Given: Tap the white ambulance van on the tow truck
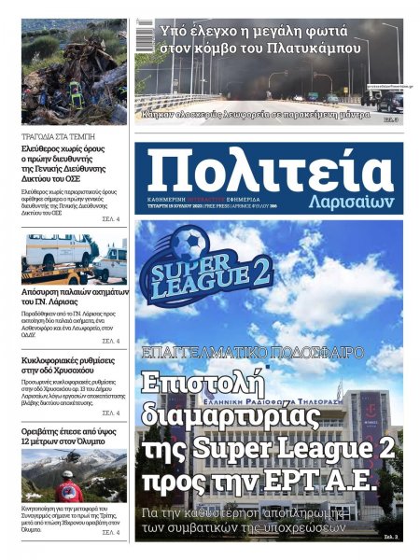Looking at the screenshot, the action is pos(58,251).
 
